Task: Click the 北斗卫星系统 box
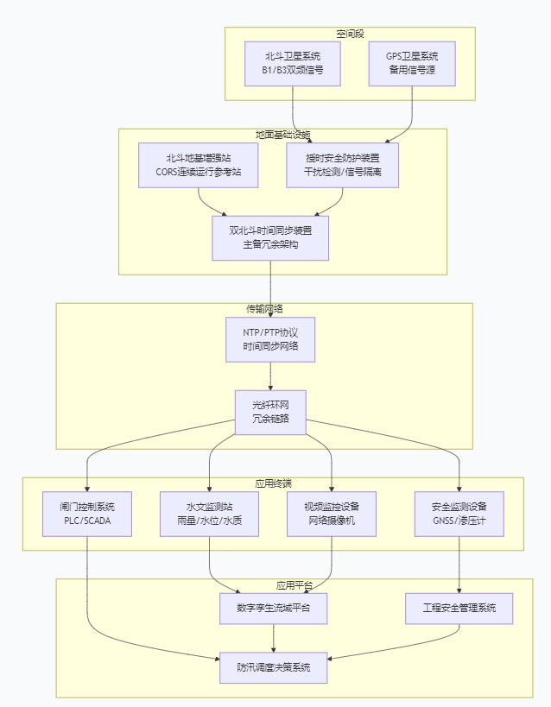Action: [x=293, y=63]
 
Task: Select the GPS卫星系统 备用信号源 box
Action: [x=412, y=63]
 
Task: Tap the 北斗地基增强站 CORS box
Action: [x=199, y=165]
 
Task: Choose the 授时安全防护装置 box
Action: [x=343, y=165]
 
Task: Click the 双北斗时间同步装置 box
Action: [x=270, y=237]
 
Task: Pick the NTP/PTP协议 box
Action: [x=270, y=339]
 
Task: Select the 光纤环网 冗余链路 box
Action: [x=270, y=412]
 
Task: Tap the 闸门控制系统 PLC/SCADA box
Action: [x=87, y=514]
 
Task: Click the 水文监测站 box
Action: [x=209, y=514]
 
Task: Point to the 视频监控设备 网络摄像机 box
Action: [x=332, y=514]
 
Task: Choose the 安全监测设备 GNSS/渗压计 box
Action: [x=459, y=514]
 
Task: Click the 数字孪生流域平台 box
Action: [x=274, y=608]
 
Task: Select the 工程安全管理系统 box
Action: [x=459, y=608]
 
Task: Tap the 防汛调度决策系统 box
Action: [x=274, y=667]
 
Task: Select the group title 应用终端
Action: [x=273, y=483]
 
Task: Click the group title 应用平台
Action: [x=294, y=584]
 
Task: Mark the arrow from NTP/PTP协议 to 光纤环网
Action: [x=270, y=376]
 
